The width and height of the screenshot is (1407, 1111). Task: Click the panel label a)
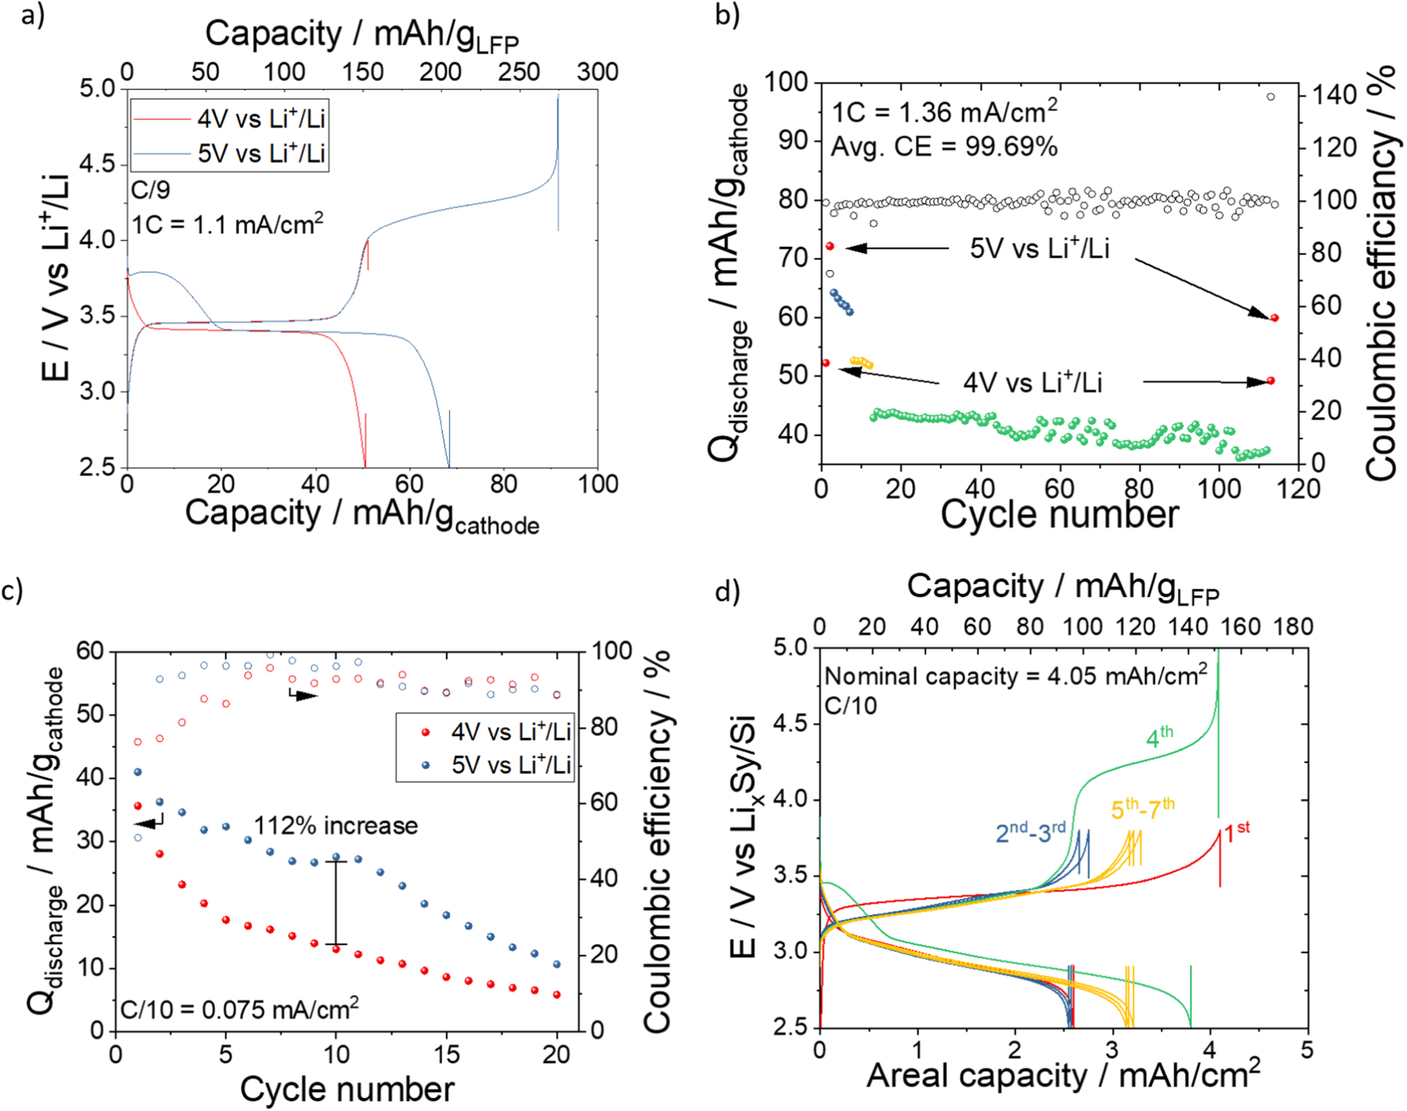pyautogui.click(x=33, y=15)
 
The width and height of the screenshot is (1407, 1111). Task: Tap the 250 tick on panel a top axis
pyautogui.click(x=519, y=72)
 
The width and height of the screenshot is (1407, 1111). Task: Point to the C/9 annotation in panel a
pyautogui.click(x=151, y=190)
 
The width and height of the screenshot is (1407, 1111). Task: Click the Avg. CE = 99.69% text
pyautogui.click(x=943, y=146)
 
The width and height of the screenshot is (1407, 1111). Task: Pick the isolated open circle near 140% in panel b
pyautogui.click(x=1270, y=97)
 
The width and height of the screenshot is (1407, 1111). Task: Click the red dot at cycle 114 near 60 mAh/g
pyautogui.click(x=1274, y=318)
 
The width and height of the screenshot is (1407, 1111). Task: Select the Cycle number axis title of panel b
pyautogui.click(x=1059, y=515)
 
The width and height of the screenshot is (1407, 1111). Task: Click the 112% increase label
pyautogui.click(x=336, y=825)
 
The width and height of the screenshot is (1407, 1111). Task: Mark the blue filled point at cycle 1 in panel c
pyautogui.click(x=138, y=772)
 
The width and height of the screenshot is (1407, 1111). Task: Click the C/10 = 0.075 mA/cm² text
pyautogui.click(x=239, y=1009)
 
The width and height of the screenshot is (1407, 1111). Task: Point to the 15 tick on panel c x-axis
pyautogui.click(x=446, y=1055)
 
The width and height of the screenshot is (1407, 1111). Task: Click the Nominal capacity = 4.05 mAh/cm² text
pyautogui.click(x=1015, y=676)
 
